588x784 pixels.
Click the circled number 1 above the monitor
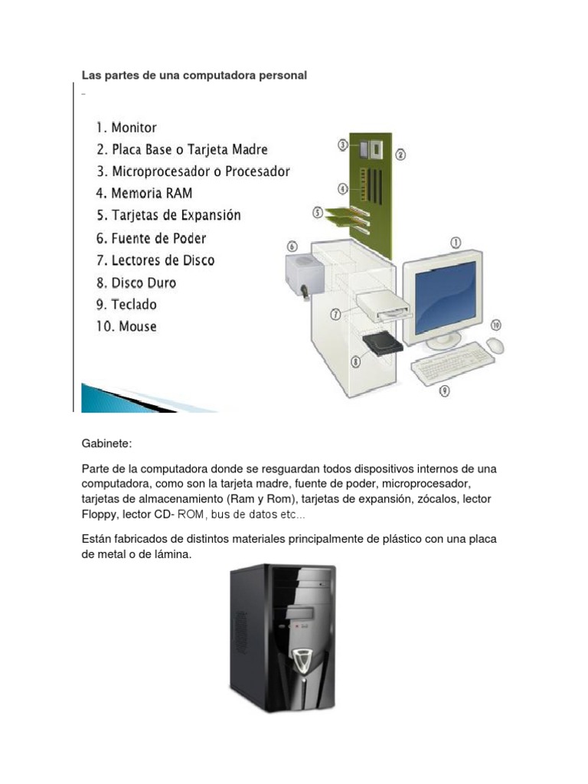tap(456, 243)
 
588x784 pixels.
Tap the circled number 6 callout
tap(292, 247)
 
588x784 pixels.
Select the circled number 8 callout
tap(355, 361)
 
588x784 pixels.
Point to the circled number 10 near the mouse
tap(495, 325)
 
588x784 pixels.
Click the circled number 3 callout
tap(342, 145)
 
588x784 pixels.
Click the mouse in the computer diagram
tap(495, 345)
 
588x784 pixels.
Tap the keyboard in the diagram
tap(452, 364)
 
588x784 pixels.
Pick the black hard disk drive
tap(383, 344)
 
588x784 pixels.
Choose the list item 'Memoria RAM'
tap(145, 194)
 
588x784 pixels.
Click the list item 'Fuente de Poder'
tap(151, 239)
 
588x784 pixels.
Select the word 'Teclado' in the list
tap(134, 305)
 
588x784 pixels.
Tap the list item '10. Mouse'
tap(126, 326)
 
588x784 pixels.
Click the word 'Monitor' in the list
tap(134, 128)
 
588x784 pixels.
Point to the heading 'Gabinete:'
tap(106, 443)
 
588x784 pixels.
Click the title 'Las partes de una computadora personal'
tap(194, 76)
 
